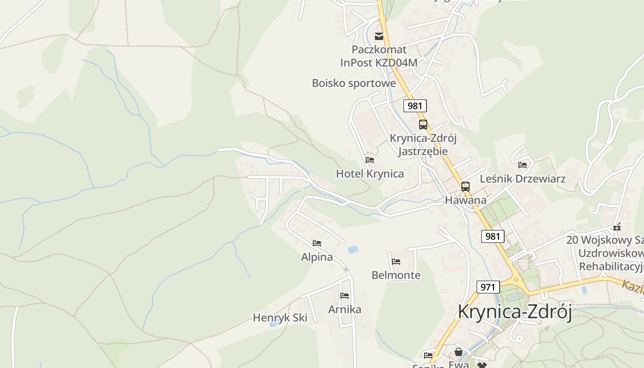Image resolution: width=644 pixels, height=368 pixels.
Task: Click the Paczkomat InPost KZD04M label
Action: (379, 56)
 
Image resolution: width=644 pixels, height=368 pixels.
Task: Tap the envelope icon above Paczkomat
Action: (379, 36)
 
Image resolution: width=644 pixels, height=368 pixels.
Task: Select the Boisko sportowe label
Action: (354, 83)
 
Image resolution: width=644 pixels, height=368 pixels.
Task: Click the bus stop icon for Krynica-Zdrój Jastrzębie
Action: (423, 124)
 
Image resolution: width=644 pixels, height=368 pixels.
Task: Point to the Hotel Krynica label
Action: (370, 173)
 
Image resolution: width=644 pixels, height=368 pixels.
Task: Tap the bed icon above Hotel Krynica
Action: (370, 160)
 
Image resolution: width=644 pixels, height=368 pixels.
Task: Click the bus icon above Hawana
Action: (466, 186)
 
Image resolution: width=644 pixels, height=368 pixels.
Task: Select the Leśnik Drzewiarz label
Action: (523, 178)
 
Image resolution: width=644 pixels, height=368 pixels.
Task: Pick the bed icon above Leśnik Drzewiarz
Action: (523, 165)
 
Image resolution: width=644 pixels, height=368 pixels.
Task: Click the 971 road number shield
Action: (488, 287)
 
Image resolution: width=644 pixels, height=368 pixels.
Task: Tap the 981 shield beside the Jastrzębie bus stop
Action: (415, 106)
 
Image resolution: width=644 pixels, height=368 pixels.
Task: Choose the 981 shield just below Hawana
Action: (493, 236)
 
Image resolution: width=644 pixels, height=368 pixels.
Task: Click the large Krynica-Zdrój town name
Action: (514, 312)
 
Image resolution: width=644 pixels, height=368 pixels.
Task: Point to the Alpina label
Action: (317, 257)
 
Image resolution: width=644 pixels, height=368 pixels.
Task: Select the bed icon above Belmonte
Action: (396, 262)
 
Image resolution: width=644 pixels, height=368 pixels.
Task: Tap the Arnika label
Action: (345, 310)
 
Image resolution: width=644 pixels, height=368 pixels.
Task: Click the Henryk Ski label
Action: (280, 317)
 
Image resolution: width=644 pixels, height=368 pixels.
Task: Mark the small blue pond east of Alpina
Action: (353, 249)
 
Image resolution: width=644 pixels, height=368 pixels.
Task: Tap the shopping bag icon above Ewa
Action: (459, 352)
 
